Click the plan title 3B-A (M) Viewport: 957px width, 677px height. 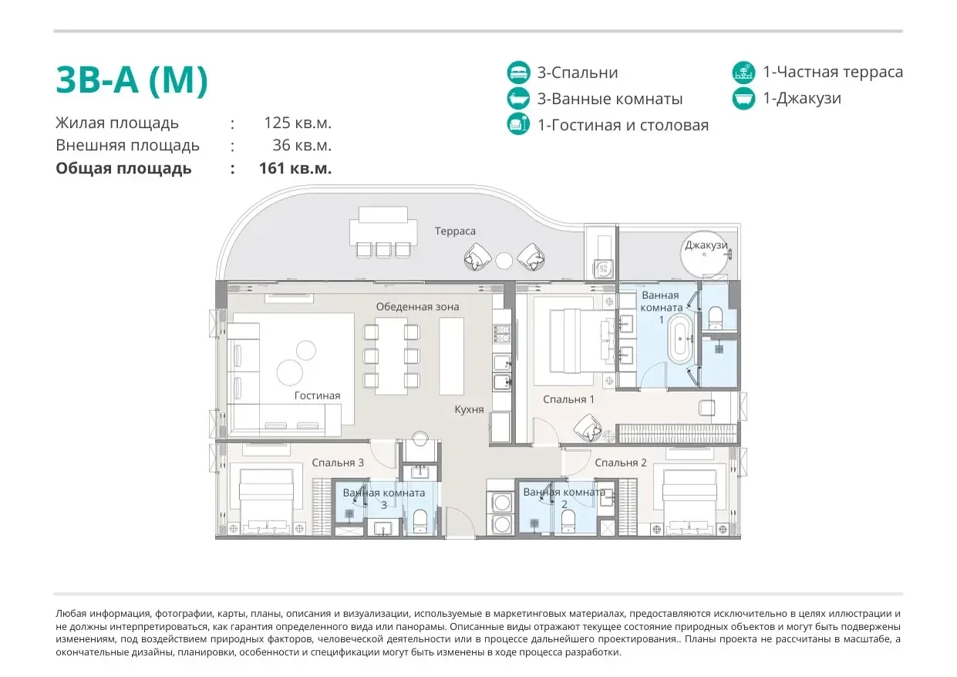[x=132, y=80]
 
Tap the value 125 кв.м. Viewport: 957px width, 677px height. [x=298, y=123]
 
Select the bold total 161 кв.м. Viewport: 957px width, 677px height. [x=295, y=168]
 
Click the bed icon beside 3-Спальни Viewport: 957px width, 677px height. [x=519, y=72]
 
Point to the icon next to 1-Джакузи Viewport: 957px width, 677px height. [x=743, y=98]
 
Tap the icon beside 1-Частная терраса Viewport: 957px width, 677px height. [x=743, y=72]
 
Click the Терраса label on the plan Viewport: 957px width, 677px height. [x=455, y=231]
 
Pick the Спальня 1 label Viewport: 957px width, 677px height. [x=568, y=399]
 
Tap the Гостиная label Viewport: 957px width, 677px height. [x=317, y=396]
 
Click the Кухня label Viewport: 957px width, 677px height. [x=469, y=409]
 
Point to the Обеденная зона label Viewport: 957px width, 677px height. [x=417, y=307]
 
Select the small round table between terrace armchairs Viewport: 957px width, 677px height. [x=504, y=261]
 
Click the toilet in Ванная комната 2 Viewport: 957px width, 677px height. [x=568, y=521]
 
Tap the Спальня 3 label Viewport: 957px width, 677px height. [x=338, y=463]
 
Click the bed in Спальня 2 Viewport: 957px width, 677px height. [x=689, y=502]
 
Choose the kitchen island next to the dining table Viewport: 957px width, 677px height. [x=451, y=356]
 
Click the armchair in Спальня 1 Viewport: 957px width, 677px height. [x=588, y=427]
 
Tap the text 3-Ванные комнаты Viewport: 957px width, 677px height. [x=610, y=99]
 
